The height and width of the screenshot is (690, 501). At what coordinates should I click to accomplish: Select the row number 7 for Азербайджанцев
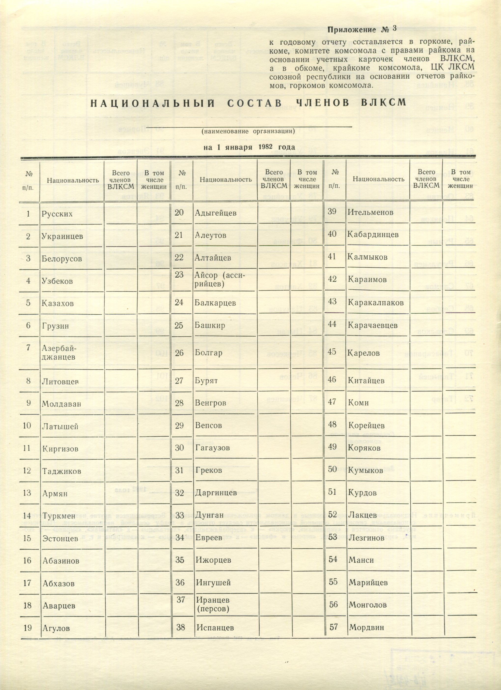pos(28,347)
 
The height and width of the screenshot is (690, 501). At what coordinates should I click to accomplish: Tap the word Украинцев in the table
pos(62,236)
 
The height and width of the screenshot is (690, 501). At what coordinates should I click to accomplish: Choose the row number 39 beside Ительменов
pos(332,211)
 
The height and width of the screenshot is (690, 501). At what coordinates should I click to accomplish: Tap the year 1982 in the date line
pos(265,147)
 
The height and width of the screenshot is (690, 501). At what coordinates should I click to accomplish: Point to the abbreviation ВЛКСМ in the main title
pos(383,103)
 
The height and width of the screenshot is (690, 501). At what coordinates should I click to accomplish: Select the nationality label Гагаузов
pos(212,448)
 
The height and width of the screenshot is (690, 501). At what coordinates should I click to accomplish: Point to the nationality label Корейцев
pos(366,425)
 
